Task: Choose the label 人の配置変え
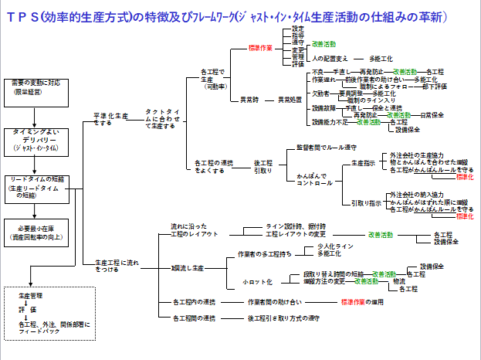[x=330, y=59]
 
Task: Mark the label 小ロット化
[x=255, y=281]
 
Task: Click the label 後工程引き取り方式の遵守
[x=284, y=318]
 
